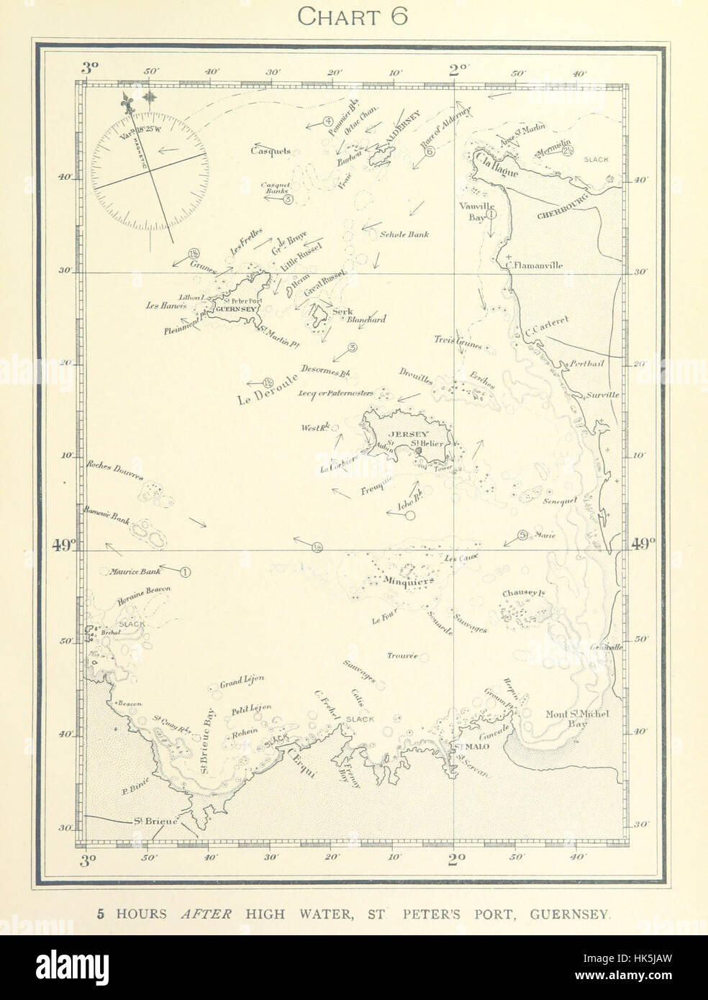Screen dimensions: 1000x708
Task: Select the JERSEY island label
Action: click(408, 435)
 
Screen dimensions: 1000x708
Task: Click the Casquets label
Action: click(270, 151)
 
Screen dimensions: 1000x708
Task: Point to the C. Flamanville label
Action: click(535, 265)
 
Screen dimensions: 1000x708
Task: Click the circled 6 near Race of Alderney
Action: click(430, 152)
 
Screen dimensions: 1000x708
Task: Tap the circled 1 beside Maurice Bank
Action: click(185, 573)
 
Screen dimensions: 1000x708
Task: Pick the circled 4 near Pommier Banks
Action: click(327, 122)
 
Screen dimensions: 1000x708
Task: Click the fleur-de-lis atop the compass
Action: click(130, 103)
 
